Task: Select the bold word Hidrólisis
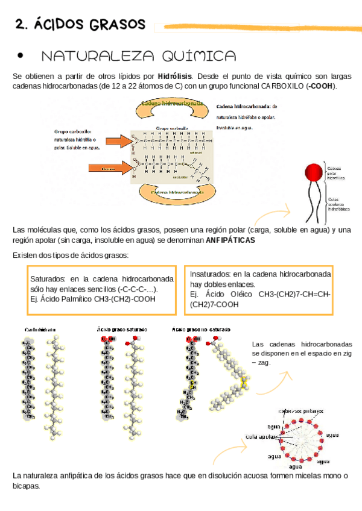pos(175,77)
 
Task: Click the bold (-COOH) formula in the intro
pos(321,86)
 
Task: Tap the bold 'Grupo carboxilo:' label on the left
pos(72,131)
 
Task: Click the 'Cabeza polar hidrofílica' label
pos(336,172)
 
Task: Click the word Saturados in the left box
pos(48,279)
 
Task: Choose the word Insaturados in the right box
pos(211,273)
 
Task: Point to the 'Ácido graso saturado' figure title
pos(123,330)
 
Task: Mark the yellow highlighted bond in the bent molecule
pos(244,382)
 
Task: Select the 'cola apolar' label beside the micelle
pos(260,436)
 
